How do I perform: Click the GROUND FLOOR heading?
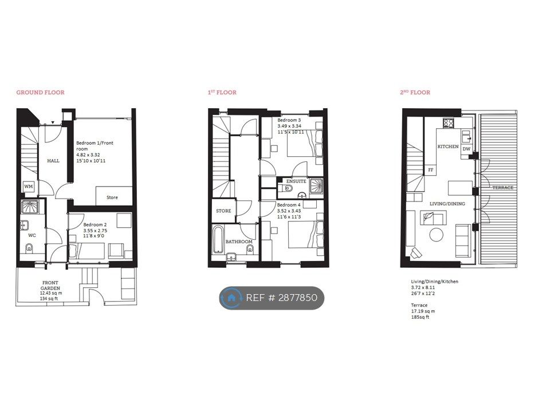[40, 93]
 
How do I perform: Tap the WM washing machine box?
[29, 187]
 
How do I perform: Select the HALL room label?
[53, 161]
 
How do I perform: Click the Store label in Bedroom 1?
[112, 197]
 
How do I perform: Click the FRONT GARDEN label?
[50, 286]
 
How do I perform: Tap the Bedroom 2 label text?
[95, 224]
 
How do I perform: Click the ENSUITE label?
[296, 181]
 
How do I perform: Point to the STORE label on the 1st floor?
[223, 211]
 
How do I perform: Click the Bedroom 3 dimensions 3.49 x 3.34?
[289, 126]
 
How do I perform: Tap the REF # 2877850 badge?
[272, 298]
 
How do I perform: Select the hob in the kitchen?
[449, 123]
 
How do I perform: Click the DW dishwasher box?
[466, 149]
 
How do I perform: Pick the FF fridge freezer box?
[431, 170]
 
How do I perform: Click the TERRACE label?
[502, 188]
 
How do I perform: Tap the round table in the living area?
[437, 235]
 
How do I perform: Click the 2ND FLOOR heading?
[415, 93]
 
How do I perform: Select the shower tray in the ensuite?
[316, 184]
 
